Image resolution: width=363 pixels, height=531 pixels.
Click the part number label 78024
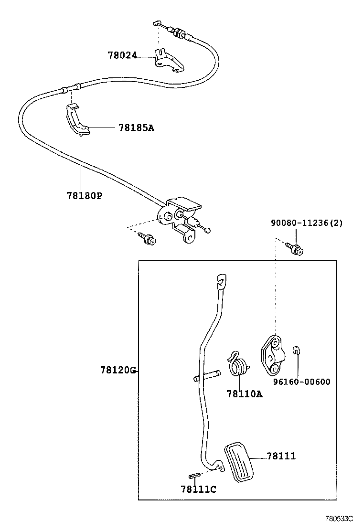(122, 56)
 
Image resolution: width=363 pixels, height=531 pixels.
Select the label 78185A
(136, 127)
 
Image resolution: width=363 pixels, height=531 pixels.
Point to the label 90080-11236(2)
(307, 223)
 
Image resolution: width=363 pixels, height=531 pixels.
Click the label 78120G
(118, 370)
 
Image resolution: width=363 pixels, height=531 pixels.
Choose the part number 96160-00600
(301, 382)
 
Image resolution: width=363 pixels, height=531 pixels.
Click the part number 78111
(281, 456)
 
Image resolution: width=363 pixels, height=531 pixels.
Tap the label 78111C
(198, 489)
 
